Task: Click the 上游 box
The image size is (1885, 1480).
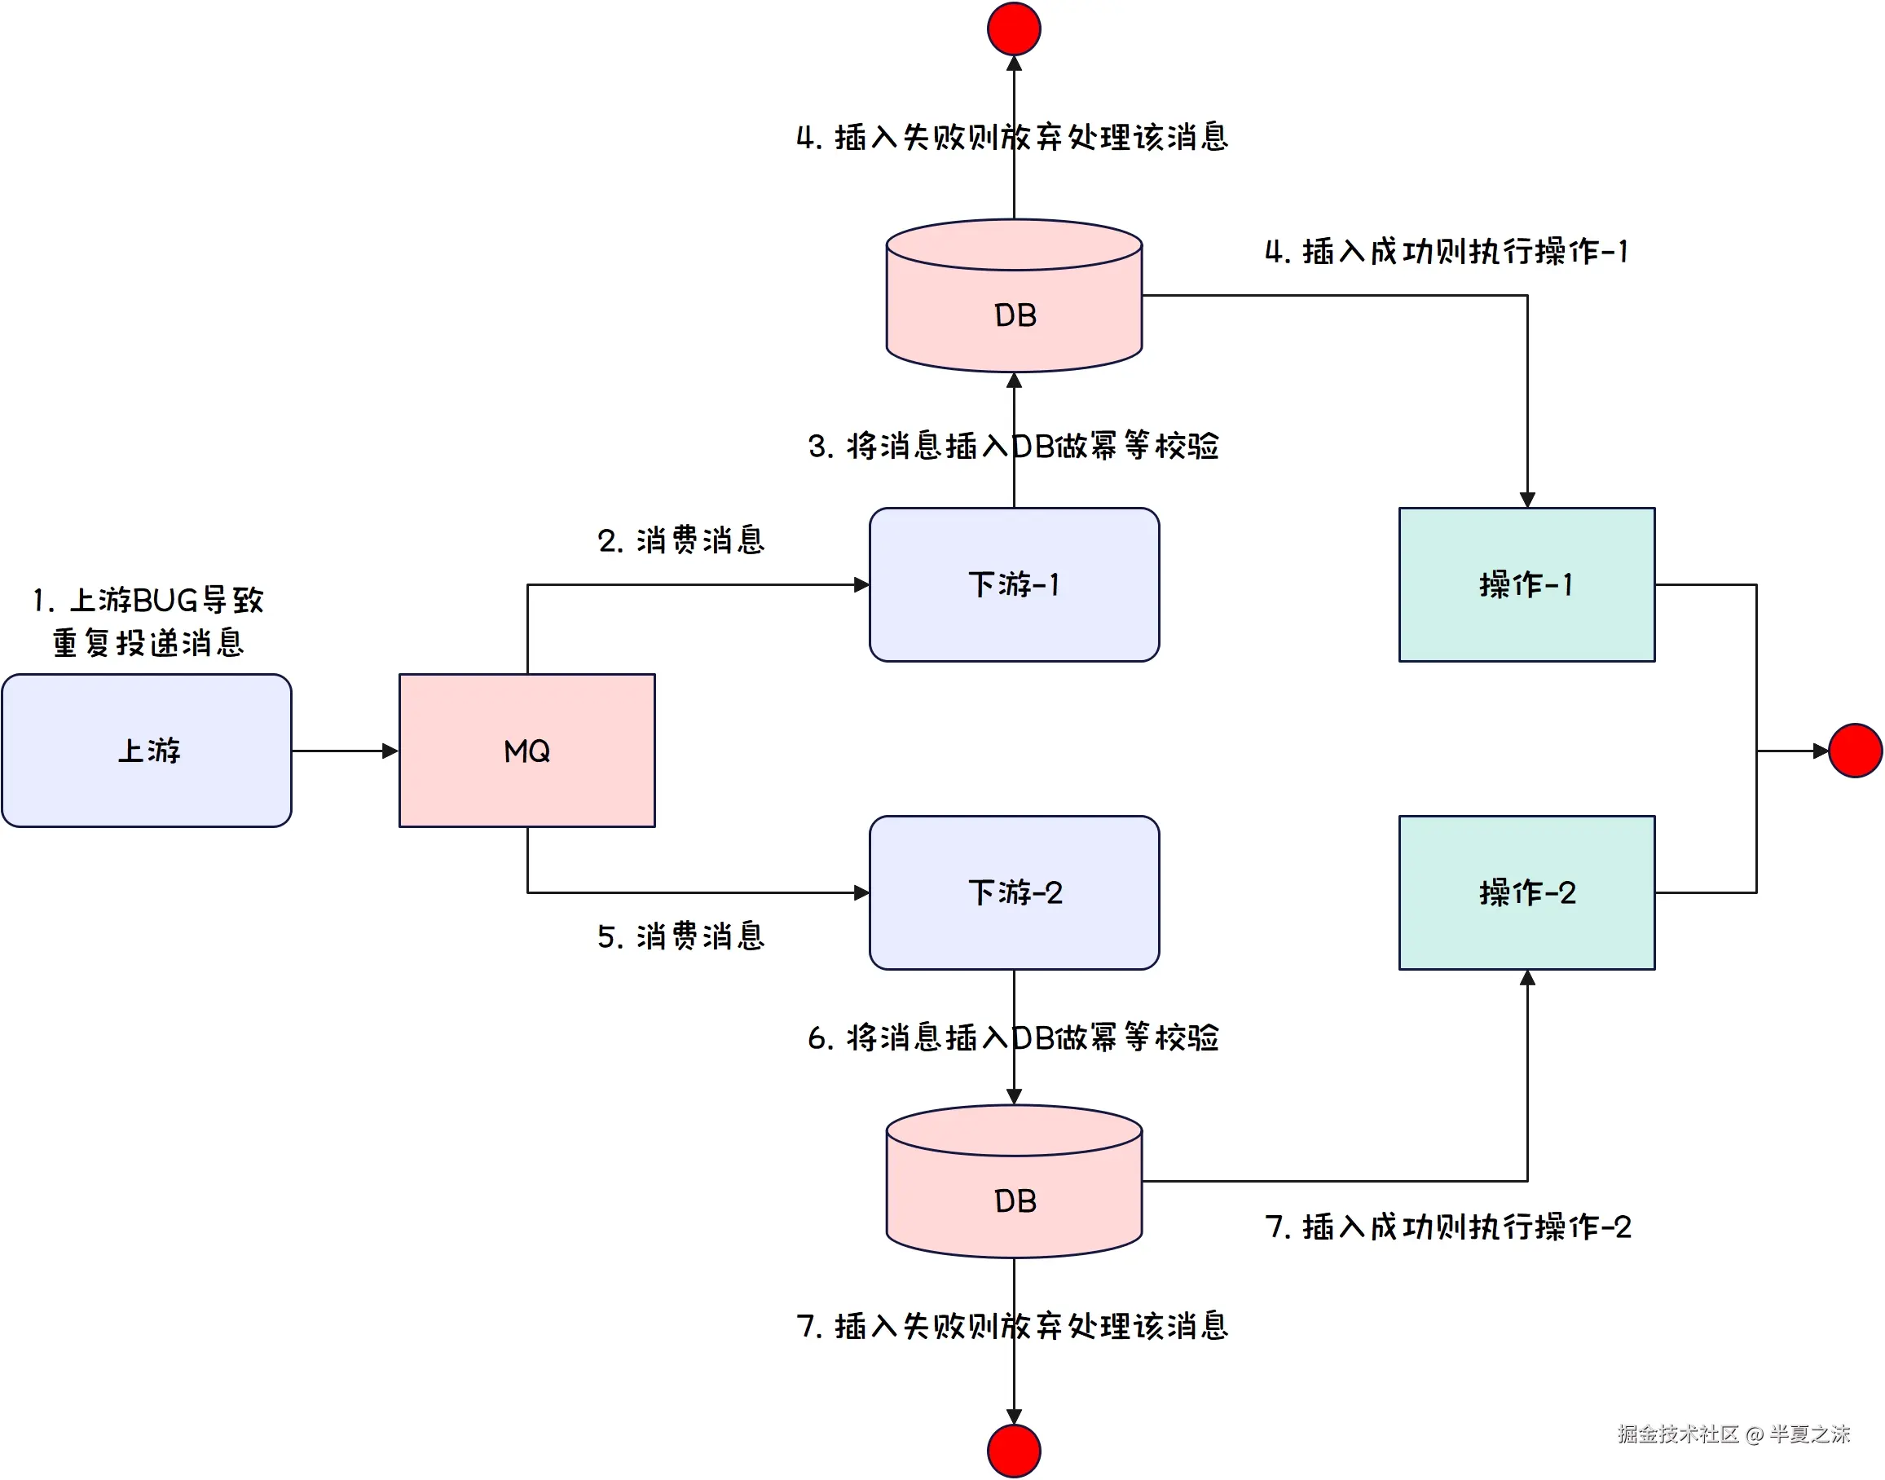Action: click(x=147, y=751)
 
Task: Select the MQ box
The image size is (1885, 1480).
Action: click(x=526, y=751)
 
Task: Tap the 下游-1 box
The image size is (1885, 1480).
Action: click(x=1015, y=585)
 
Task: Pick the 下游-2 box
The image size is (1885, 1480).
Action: click(x=1015, y=892)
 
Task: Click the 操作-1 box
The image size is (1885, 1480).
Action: click(x=1526, y=585)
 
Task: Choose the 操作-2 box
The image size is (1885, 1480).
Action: click(x=1526, y=892)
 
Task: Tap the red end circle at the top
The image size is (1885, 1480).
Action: click(x=1015, y=29)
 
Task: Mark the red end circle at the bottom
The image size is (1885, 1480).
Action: click(x=1015, y=1451)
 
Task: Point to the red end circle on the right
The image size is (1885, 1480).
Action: click(x=1855, y=751)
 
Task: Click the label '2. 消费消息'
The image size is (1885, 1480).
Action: click(x=680, y=540)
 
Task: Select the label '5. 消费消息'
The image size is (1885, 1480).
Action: click(x=680, y=936)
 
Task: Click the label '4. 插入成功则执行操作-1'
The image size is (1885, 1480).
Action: click(x=1446, y=251)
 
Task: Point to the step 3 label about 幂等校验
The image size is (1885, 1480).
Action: click(x=1013, y=446)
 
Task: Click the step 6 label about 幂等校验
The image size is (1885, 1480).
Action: click(x=1013, y=1037)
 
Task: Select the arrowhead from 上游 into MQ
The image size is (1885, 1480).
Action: click(x=390, y=751)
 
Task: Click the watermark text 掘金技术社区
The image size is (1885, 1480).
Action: click(x=1677, y=1434)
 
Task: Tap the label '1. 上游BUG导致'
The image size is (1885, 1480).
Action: click(x=148, y=600)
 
